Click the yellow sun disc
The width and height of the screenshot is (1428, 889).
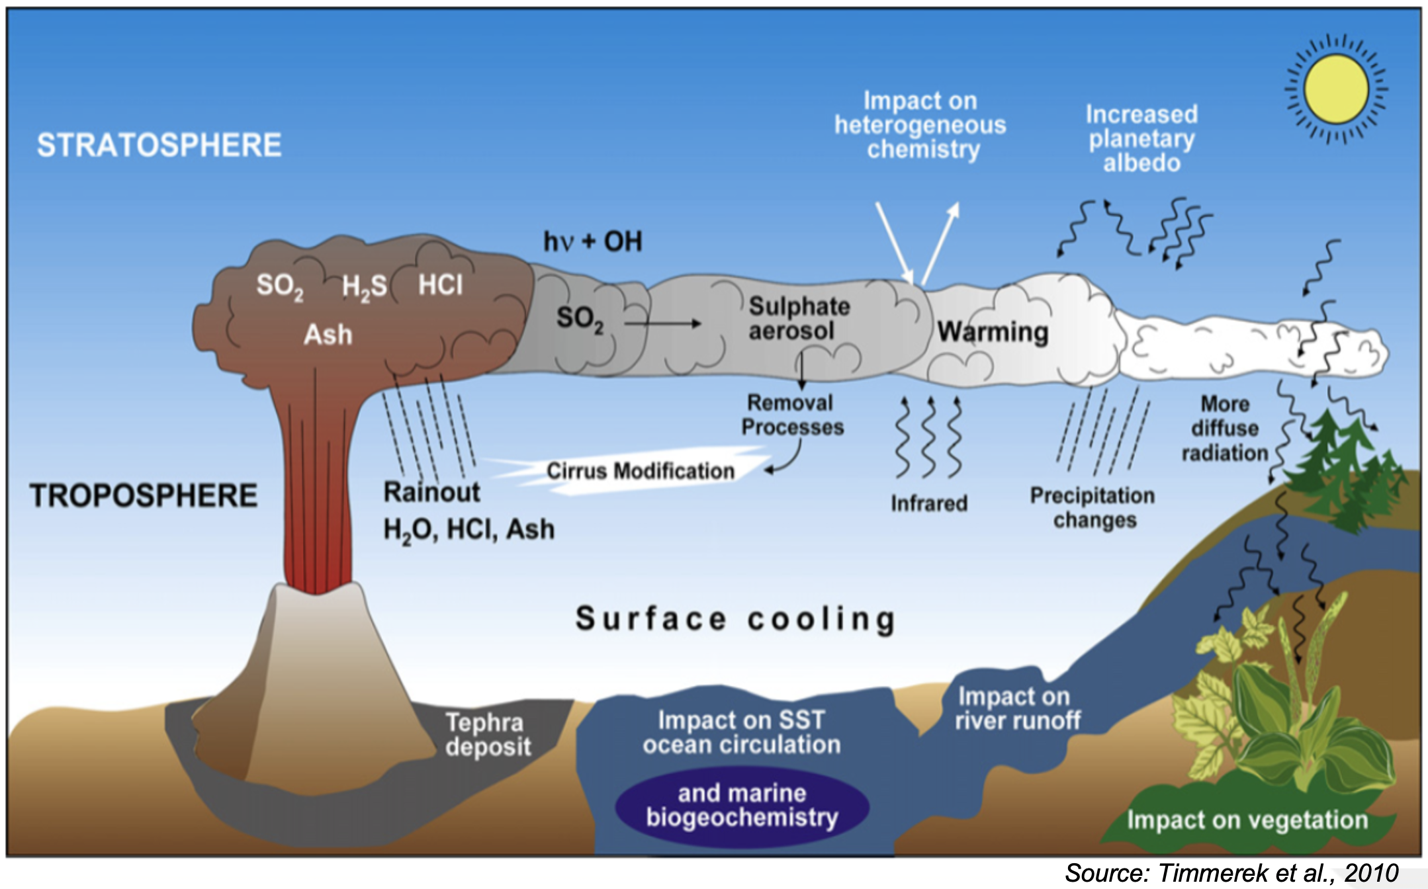tap(1335, 89)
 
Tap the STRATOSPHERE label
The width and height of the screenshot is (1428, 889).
tap(159, 146)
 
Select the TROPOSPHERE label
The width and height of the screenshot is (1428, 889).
tap(144, 496)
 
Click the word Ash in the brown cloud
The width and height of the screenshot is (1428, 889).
tap(328, 335)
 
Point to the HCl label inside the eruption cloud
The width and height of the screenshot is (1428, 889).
tap(440, 285)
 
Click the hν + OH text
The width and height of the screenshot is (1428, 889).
tap(592, 242)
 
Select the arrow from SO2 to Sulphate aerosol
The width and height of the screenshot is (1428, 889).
tap(662, 323)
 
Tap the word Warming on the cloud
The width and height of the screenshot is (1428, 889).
tap(993, 331)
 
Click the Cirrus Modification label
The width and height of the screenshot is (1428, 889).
tap(640, 471)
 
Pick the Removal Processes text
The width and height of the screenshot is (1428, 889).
tap(791, 415)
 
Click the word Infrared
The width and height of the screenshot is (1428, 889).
tap(929, 503)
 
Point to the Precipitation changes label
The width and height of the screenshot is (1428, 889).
tap(1093, 507)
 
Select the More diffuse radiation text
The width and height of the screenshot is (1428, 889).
tap(1225, 429)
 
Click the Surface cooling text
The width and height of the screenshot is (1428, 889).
tap(735, 619)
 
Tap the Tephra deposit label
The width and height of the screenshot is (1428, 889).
tap(488, 734)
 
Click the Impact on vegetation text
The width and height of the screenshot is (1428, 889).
tap(1247, 820)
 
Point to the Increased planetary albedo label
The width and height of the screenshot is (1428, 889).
tap(1141, 139)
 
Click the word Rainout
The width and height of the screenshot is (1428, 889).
tap(431, 492)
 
